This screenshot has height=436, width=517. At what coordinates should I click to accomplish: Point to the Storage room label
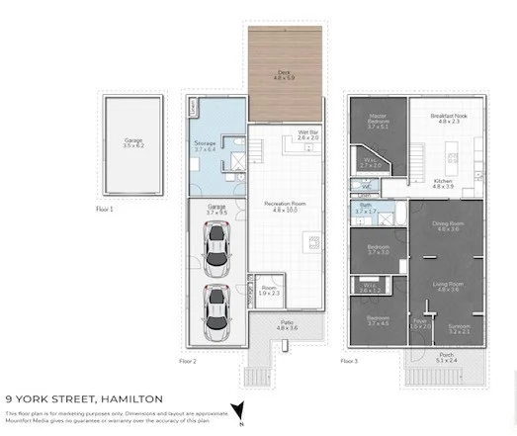click(x=205, y=146)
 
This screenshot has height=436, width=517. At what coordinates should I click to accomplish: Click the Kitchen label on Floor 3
click(x=443, y=183)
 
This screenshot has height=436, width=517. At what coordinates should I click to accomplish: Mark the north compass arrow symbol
click(x=236, y=409)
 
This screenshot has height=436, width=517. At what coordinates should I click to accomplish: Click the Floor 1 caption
click(x=105, y=210)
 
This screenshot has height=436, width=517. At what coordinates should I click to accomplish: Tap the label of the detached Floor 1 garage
click(x=133, y=144)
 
